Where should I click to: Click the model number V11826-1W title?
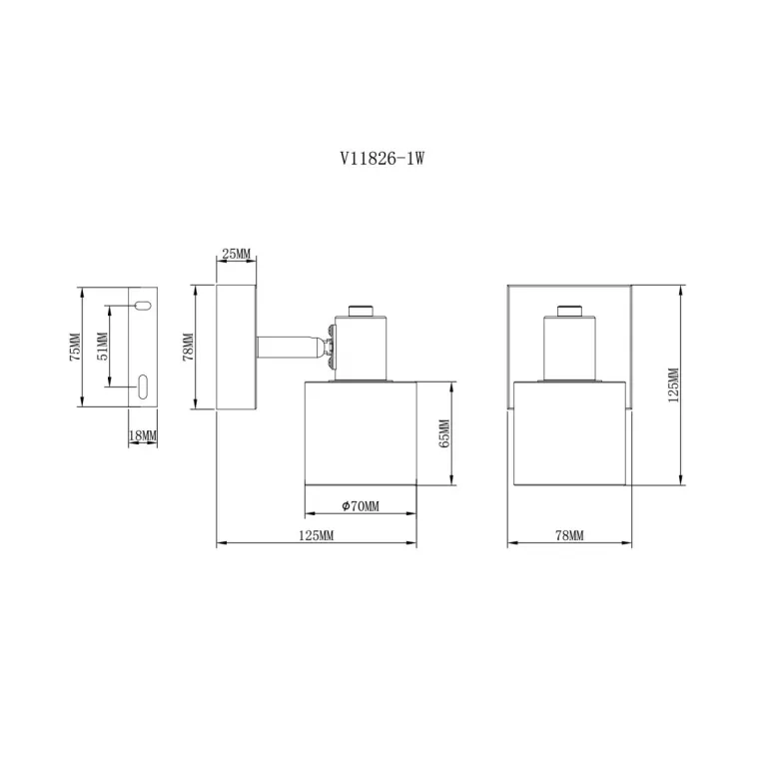click(383, 158)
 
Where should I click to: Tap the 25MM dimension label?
click(236, 254)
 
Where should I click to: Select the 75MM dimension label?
click(75, 347)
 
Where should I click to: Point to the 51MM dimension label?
click(103, 346)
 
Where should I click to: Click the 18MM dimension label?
click(143, 435)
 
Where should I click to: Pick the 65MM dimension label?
click(444, 433)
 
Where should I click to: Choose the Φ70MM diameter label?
click(361, 506)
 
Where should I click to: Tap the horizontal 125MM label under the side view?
click(316, 535)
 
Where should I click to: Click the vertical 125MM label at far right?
click(673, 384)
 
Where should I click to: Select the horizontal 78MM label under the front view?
click(569, 535)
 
